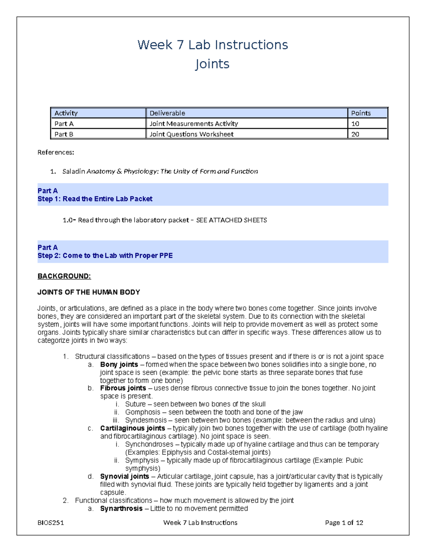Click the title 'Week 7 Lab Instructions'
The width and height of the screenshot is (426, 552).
click(x=213, y=45)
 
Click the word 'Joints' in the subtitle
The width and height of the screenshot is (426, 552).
click(x=212, y=64)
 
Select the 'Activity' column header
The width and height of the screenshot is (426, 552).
click(x=66, y=113)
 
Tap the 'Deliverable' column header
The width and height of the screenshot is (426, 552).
click(x=167, y=113)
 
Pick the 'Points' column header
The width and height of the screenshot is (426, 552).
click(x=361, y=113)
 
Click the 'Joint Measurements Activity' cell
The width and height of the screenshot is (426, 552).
click(x=193, y=124)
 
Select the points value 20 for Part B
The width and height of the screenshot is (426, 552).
click(x=355, y=134)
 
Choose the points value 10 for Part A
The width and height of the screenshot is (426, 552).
click(x=355, y=124)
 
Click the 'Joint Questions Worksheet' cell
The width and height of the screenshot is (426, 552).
click(x=191, y=134)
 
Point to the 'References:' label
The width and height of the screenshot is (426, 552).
click(x=56, y=152)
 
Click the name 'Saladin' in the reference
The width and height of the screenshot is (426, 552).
click(x=73, y=171)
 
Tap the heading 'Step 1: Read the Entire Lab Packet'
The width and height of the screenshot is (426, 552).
click(x=95, y=199)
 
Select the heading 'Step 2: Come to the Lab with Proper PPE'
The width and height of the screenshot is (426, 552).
click(x=105, y=256)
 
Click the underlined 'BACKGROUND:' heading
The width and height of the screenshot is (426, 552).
click(x=64, y=276)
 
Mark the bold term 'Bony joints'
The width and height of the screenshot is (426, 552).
click(x=119, y=365)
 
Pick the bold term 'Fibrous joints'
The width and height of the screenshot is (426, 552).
click(x=123, y=388)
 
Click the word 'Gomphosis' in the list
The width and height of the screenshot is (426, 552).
click(x=143, y=412)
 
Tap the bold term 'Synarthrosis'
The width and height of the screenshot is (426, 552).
click(x=121, y=509)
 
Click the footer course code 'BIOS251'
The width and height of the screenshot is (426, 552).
click(x=51, y=522)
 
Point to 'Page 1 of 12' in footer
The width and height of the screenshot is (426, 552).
click(x=344, y=522)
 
